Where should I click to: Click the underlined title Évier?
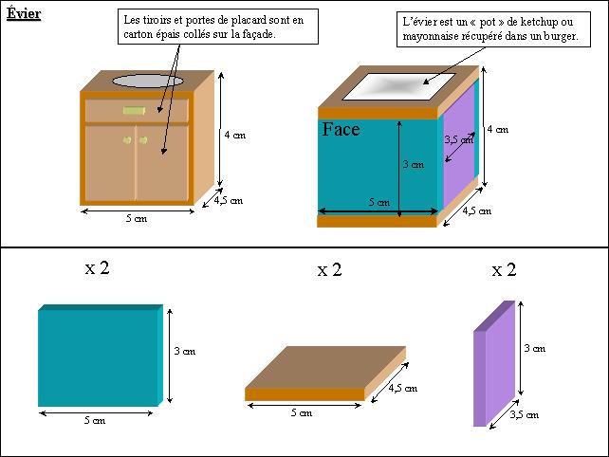24,13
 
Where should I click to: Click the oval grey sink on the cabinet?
148,81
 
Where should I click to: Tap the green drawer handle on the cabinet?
134,111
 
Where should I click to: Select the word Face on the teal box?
341,129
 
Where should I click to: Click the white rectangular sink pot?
398,86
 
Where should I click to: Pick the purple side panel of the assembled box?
459,146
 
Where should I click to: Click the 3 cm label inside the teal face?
414,164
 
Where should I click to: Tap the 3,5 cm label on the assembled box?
459,139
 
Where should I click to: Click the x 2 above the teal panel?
97,267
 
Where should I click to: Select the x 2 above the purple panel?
504,269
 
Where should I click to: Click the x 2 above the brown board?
330,269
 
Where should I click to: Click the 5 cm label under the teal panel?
95,420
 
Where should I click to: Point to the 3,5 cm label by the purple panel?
525,414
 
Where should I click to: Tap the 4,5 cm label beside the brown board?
403,388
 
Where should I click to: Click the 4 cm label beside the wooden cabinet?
235,135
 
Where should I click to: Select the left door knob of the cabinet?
127,139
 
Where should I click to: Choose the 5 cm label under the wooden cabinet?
137,218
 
